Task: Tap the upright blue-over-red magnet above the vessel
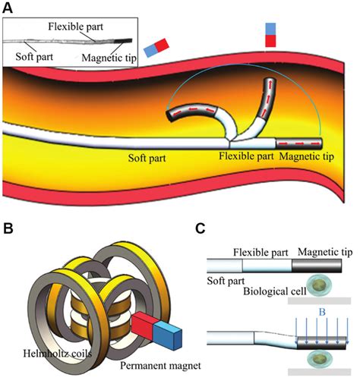[271, 35]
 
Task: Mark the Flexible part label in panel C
[262, 250]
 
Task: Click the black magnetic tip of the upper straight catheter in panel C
[320, 266]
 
